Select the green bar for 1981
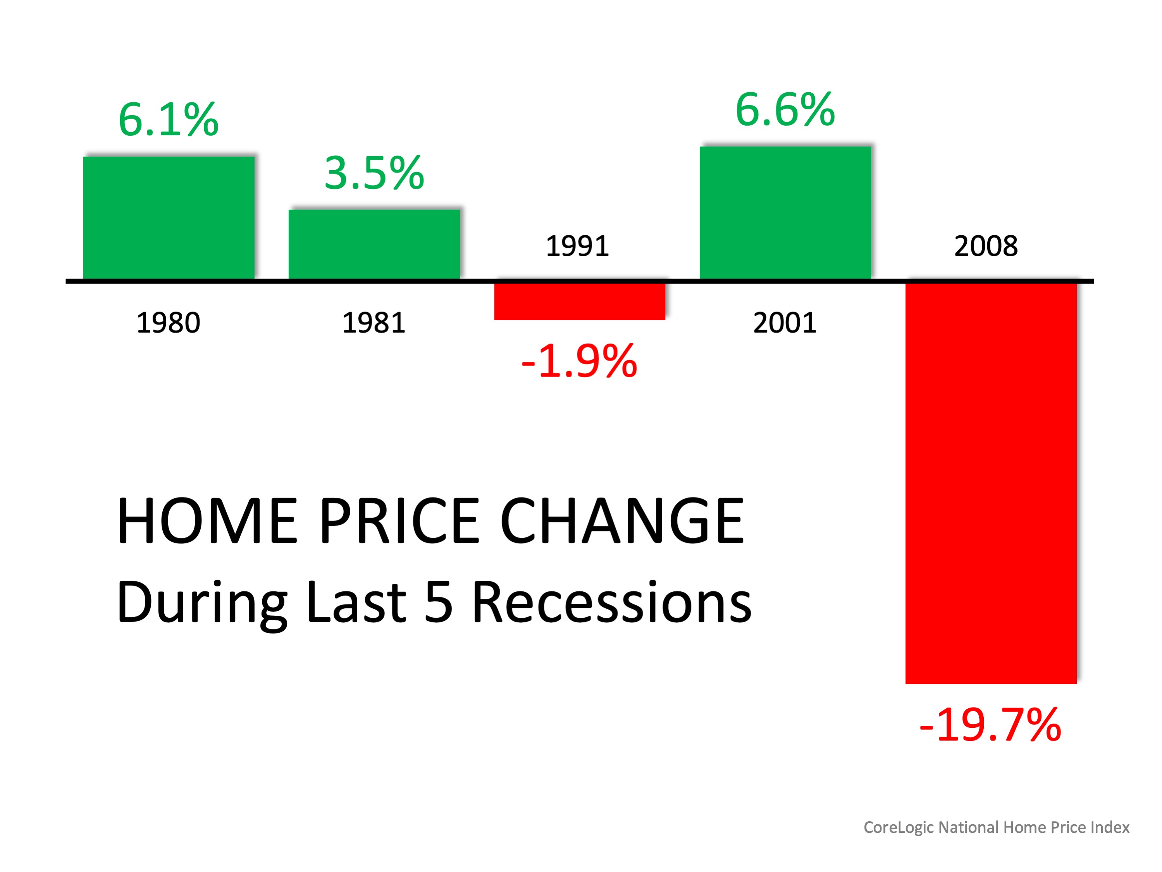(374, 244)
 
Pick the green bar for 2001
(785, 213)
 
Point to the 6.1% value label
(168, 120)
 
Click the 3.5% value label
(374, 173)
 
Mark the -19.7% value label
(990, 725)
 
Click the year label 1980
(168, 323)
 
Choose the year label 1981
(374, 323)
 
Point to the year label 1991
(577, 246)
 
